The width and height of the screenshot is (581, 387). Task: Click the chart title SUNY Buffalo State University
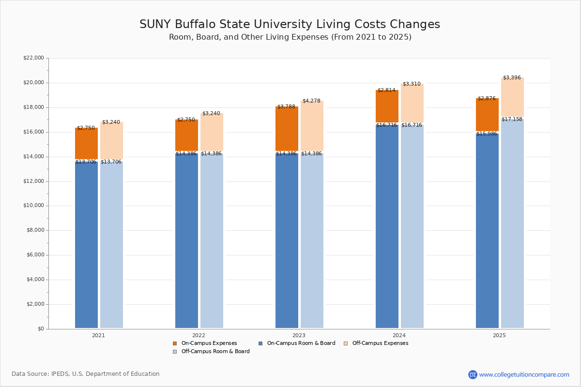290,25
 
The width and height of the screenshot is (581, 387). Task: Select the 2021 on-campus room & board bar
86,244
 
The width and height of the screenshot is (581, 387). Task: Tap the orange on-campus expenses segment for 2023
287,129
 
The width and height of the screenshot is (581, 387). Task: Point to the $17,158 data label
512,119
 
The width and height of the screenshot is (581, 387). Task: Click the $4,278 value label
311,101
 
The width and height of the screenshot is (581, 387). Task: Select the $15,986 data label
487,134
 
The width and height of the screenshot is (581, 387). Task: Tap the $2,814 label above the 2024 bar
386,90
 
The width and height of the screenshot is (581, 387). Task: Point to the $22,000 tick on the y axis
33,58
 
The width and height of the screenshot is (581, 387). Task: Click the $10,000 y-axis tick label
33,206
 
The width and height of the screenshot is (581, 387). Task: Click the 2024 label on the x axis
399,335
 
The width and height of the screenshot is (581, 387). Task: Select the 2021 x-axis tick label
98,335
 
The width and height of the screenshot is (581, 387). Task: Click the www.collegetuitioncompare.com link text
524,374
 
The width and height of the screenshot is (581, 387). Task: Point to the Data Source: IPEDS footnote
86,374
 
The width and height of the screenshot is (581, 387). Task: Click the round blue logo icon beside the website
473,374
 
